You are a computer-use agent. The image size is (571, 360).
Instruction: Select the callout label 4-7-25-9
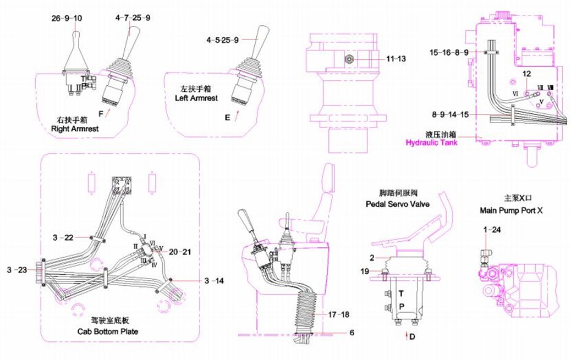[133, 18]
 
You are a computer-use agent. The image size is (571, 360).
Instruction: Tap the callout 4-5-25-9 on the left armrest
[223, 40]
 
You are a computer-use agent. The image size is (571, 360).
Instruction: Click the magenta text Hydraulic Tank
[432, 142]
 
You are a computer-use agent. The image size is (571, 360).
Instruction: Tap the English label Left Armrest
[196, 98]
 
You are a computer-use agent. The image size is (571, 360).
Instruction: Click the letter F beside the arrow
[100, 113]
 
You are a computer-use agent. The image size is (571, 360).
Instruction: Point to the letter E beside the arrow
[227, 117]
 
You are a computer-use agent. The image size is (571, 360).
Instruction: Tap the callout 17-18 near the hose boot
[339, 315]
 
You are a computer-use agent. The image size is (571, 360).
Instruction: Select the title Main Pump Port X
[511, 210]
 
